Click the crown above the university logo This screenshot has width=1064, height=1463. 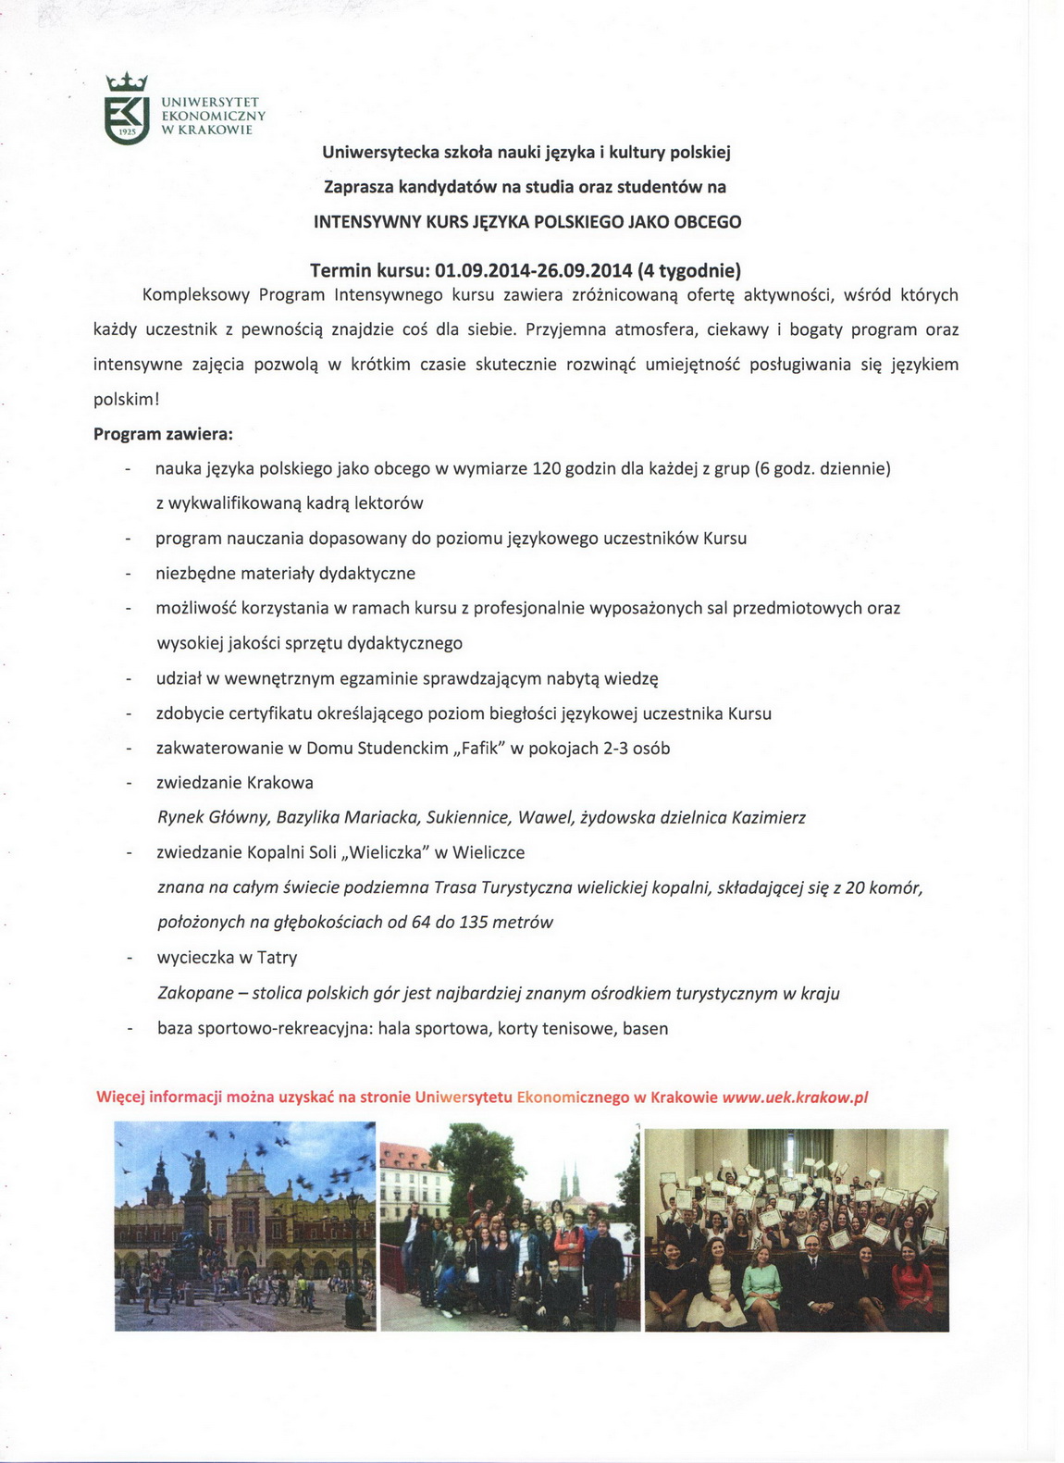(x=127, y=82)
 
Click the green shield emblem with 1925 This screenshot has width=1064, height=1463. (x=127, y=119)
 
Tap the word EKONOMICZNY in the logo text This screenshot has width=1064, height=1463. (x=214, y=116)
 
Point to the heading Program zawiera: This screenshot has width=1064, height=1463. (x=164, y=433)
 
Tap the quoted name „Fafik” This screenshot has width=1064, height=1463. (x=479, y=748)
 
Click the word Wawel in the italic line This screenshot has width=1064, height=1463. (x=543, y=817)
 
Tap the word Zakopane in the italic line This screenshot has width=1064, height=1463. (x=196, y=993)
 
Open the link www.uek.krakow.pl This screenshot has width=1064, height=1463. (x=795, y=1097)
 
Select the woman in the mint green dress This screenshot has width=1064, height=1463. (x=761, y=1286)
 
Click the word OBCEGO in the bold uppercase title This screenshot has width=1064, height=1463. (x=707, y=222)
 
